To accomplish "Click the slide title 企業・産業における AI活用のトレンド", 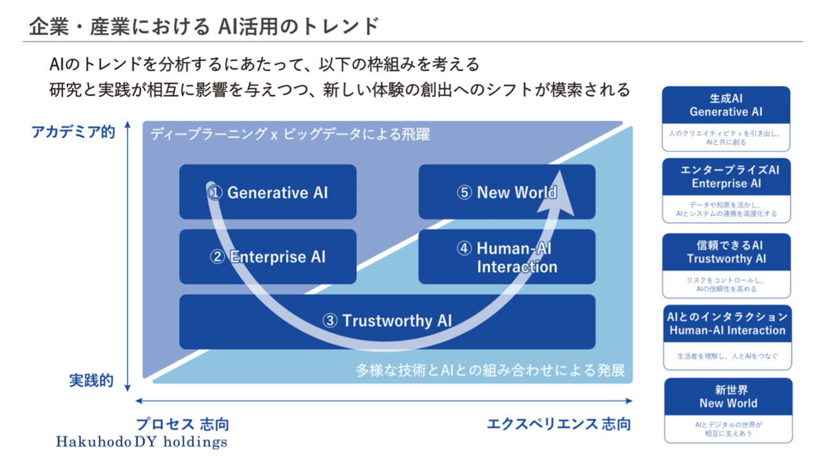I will (x=204, y=27).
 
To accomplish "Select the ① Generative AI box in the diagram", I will (x=268, y=192).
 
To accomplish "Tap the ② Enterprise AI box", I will (x=268, y=256).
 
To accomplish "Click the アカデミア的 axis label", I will (x=73, y=132).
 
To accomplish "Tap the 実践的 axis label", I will (x=91, y=381).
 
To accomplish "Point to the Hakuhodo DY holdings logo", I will (x=141, y=441).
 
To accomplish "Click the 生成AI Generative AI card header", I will (x=726, y=105).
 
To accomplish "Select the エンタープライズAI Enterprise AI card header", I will (x=726, y=177).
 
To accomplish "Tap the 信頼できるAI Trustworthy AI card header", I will (x=726, y=252).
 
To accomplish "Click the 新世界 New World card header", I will (x=728, y=397).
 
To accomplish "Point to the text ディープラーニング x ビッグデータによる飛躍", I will (x=290, y=135).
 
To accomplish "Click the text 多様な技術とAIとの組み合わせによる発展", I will (x=490, y=370).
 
